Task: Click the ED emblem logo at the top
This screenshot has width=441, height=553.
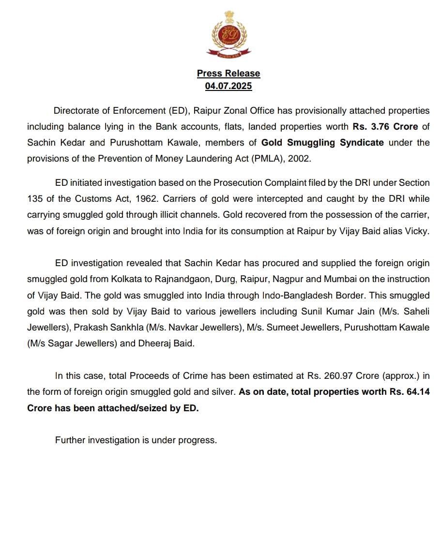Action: click(x=228, y=34)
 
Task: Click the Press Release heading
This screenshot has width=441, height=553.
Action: click(x=228, y=74)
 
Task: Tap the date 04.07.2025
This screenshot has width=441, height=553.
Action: click(x=228, y=86)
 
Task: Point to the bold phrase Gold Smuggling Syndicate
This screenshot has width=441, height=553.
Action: click(x=322, y=143)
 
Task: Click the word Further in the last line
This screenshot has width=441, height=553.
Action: click(x=71, y=440)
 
